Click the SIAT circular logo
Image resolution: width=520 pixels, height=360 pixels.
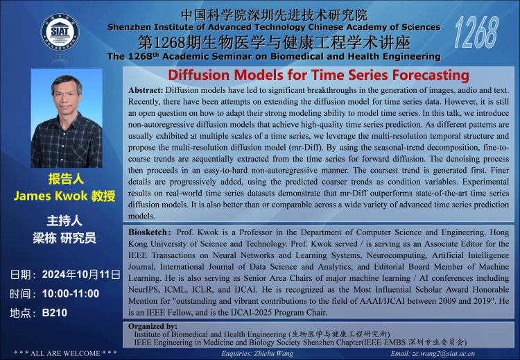point(60,32)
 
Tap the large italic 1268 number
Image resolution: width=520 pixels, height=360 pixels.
point(476,33)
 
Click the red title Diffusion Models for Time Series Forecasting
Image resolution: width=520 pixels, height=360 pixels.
point(318,75)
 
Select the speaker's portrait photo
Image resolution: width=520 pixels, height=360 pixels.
point(67,118)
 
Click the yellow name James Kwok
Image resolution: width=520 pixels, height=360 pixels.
point(51,196)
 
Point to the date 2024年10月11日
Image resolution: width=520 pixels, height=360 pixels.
point(81,275)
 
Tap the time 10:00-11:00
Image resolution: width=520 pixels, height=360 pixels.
point(71,293)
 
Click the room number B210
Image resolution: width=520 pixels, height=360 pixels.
point(55,313)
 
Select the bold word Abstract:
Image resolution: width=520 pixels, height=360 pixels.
point(146,90)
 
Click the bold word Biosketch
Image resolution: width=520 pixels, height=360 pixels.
point(148,232)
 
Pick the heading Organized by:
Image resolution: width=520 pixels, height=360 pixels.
point(153,326)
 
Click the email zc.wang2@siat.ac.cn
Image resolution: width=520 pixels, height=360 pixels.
point(444,354)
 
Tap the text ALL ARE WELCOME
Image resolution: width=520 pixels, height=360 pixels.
point(65,353)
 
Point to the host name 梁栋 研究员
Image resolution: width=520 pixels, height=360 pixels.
point(64,238)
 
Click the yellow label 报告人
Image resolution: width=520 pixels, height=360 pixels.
point(66,179)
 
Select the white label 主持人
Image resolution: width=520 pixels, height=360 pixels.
point(64,221)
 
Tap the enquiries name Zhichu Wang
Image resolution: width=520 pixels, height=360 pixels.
point(274,354)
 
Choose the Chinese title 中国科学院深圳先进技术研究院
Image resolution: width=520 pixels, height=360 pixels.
point(275,15)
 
